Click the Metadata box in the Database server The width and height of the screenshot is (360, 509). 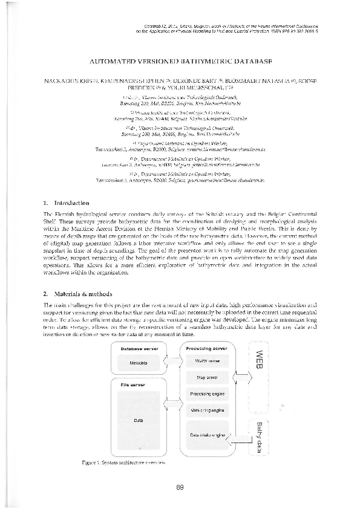143,363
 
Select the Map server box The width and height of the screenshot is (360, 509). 208,377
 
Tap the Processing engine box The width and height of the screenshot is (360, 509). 208,394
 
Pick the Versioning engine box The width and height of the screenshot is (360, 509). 208,410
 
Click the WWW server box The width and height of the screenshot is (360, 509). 208,361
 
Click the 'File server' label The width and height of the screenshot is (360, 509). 133,384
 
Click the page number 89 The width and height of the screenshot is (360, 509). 180,487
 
